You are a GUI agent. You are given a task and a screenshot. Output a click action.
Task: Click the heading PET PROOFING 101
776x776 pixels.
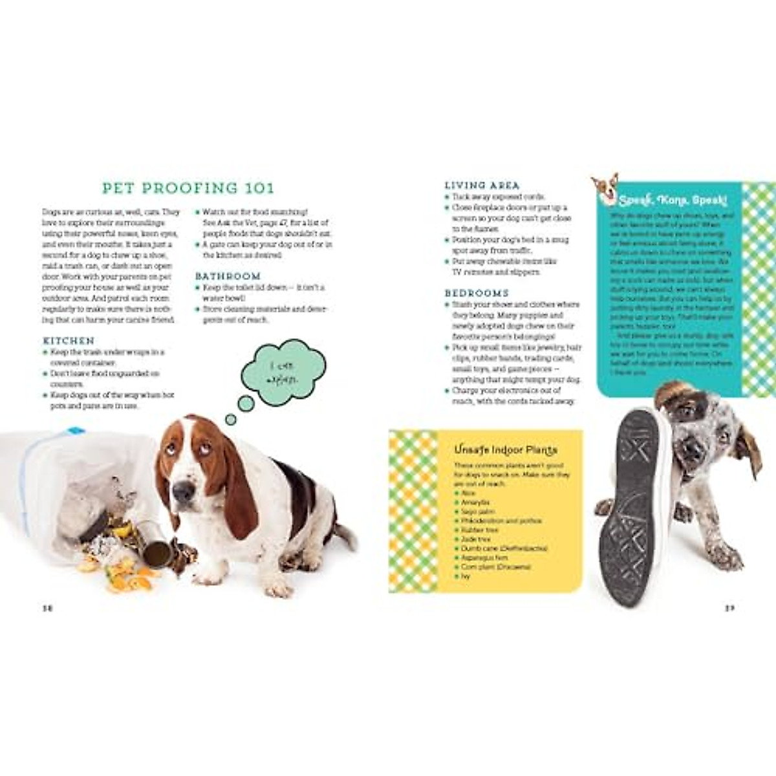tap(188, 188)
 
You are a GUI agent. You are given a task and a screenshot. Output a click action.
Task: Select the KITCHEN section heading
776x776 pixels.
tap(69, 341)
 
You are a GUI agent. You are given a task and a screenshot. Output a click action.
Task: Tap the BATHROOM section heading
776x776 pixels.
tap(228, 276)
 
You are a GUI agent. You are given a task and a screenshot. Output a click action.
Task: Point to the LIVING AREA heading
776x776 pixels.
tap(482, 185)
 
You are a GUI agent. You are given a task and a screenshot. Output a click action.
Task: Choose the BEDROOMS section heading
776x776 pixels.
tap(477, 293)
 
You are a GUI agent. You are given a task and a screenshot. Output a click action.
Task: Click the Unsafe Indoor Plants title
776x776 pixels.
tap(506, 449)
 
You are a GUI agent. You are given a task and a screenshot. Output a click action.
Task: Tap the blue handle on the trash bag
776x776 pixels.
tap(76, 430)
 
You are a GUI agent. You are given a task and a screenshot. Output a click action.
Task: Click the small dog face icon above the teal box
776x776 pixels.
tap(605, 186)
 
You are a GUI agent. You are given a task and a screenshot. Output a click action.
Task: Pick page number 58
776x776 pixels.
tap(47, 608)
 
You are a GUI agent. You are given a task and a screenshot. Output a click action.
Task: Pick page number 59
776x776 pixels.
tap(729, 608)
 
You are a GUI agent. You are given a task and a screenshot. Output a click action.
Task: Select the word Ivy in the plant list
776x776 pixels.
tap(466, 576)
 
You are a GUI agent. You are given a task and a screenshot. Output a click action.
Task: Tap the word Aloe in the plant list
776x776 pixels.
tap(468, 493)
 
